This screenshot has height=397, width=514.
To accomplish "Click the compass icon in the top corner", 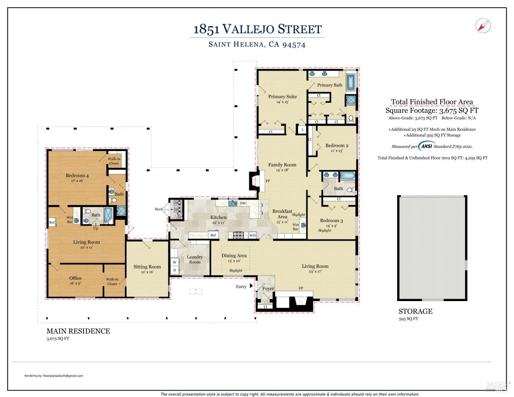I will [x=483, y=26].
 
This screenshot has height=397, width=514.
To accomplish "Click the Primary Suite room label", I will [x=282, y=97].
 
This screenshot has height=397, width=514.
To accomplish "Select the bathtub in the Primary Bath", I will [x=351, y=83].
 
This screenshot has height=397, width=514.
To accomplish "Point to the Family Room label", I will [x=282, y=165].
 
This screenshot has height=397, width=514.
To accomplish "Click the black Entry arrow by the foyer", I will [x=251, y=286].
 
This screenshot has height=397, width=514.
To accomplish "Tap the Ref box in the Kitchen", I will [x=213, y=235].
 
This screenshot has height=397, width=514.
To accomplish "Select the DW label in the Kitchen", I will [x=243, y=203].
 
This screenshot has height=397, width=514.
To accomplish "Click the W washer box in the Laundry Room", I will [x=174, y=262].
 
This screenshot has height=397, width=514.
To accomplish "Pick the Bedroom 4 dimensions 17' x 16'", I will [x=77, y=181].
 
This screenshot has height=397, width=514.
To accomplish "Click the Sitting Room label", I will [x=147, y=266].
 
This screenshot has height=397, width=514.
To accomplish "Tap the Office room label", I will [x=75, y=278].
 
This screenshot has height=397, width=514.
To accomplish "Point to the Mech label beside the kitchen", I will [x=159, y=209].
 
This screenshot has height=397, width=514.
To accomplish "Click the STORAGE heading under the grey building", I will [x=415, y=311].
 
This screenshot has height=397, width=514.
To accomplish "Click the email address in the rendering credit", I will [x=63, y=376].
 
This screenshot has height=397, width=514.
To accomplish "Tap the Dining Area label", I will [x=234, y=256].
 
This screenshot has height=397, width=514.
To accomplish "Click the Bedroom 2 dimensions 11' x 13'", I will [x=336, y=151].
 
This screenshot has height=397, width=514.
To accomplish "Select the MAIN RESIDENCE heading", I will [x=78, y=331].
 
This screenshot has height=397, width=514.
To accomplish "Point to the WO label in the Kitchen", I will [x=253, y=235].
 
